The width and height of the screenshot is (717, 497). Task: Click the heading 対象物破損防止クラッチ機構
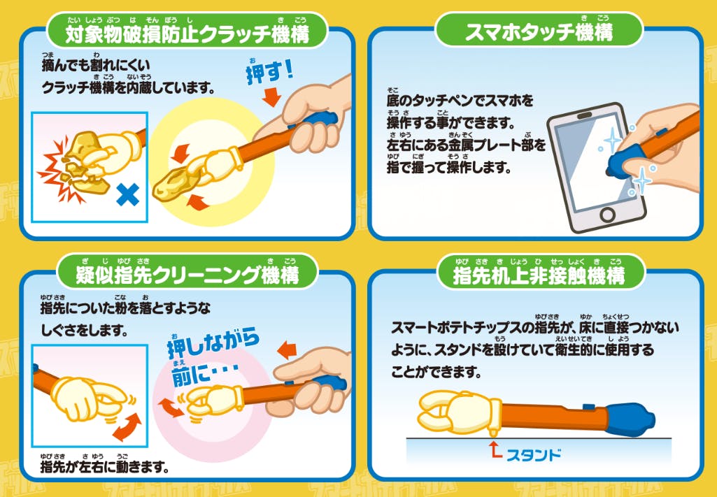(187, 34)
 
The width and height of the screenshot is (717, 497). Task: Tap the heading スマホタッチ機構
(539, 32)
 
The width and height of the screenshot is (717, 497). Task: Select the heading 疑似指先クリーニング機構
(187, 275)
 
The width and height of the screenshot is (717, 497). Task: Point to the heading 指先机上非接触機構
(539, 275)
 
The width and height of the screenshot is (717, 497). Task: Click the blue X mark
(127, 194)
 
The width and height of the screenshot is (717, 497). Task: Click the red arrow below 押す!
(271, 97)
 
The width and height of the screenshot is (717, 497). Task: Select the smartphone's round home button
(607, 215)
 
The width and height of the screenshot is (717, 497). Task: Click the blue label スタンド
(534, 455)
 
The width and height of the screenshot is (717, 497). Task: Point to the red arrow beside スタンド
(495, 449)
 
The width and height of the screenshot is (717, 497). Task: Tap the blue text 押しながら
(213, 343)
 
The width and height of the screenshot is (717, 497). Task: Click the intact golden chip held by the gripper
(176, 185)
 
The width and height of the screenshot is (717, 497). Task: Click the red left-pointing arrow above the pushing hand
(287, 351)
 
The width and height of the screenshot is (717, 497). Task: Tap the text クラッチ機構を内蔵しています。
(128, 87)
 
